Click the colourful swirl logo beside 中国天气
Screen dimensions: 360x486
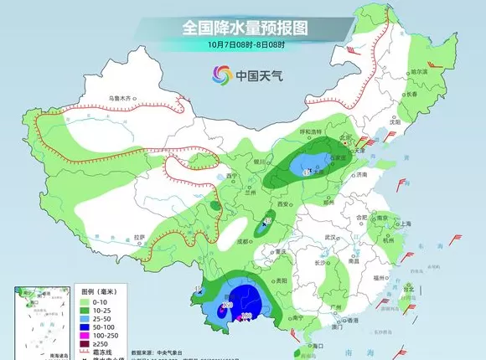[222, 74]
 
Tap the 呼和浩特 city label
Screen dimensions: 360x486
[312, 132]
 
